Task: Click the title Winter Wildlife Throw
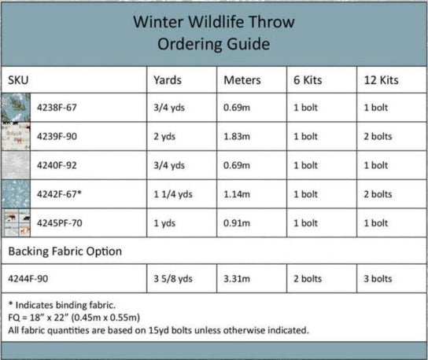[215, 22]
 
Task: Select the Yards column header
[166, 80]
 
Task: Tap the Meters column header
[242, 80]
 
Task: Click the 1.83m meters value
[239, 136]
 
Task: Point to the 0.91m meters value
[239, 222]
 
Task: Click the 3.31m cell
[239, 278]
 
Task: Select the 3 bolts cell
[378, 278]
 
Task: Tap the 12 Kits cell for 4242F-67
[378, 194]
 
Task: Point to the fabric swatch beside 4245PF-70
[17, 222]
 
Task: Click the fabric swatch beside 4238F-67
[17, 108]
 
